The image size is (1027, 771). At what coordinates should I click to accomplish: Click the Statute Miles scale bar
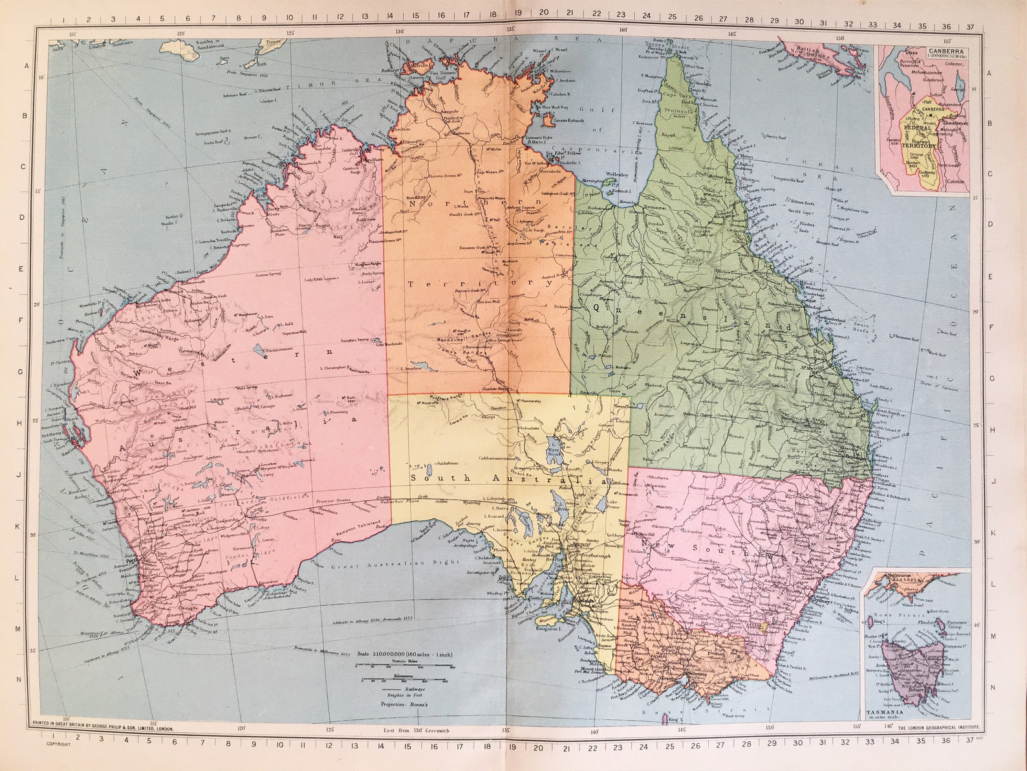click(x=403, y=665)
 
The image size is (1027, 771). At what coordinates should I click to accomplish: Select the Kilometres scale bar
click(x=403, y=680)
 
